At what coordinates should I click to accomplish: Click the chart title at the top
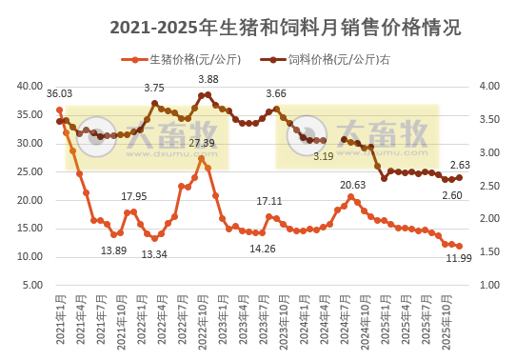pos(286,28)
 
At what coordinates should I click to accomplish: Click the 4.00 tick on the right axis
pos(486,86)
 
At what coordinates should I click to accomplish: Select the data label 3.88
pos(208,79)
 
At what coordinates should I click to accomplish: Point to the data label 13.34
pos(154,254)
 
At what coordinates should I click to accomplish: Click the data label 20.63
pos(352,185)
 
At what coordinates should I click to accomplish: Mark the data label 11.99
pos(460,261)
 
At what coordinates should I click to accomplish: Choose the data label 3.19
pos(323,156)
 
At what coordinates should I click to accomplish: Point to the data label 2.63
pos(461,164)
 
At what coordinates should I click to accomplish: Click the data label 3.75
pos(154,88)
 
